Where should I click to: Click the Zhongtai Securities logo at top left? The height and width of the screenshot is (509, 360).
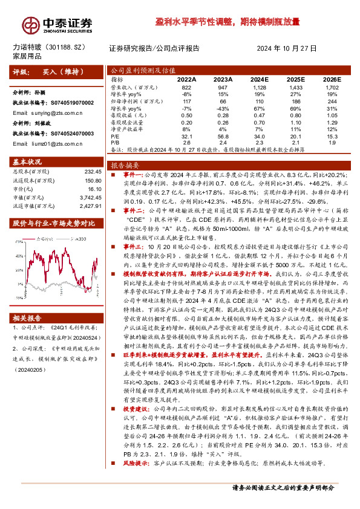tap(57, 25)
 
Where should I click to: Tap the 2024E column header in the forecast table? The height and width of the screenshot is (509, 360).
tap(259, 79)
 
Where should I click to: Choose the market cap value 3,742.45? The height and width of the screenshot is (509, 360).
tap(89, 197)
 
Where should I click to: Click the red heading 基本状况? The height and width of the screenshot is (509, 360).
tap(27, 161)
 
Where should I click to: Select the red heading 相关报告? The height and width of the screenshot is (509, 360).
tap(27, 300)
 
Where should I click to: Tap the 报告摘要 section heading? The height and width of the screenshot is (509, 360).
tap(126, 164)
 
